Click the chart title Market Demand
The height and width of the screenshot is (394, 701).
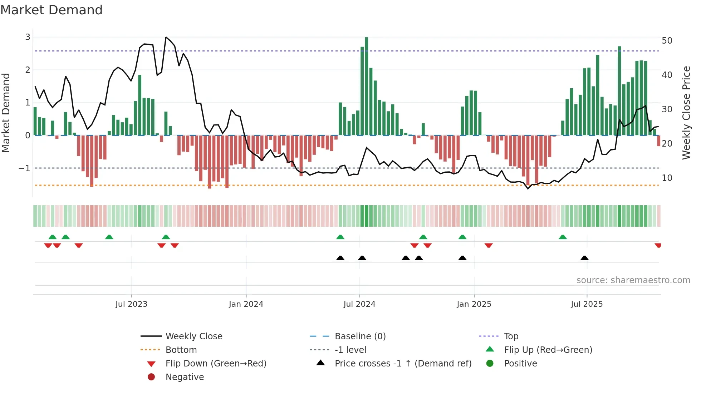pyautogui.click(x=52, y=10)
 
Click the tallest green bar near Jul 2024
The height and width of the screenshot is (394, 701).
pyautogui.click(x=366, y=86)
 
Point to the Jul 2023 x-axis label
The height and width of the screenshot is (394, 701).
pyautogui.click(x=131, y=304)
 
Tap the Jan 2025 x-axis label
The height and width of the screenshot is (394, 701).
pyautogui.click(x=474, y=304)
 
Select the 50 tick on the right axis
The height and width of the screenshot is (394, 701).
pyautogui.click(x=667, y=40)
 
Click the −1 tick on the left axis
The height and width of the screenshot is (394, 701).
pyautogui.click(x=24, y=168)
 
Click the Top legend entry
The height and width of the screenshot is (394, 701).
pyautogui.click(x=511, y=336)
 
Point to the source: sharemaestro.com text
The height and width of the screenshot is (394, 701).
pyautogui.click(x=633, y=280)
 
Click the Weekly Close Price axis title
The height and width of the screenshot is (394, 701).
pyautogui.click(x=686, y=113)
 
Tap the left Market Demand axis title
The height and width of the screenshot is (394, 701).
pyautogui.click(x=6, y=113)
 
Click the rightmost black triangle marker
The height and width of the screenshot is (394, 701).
pyautogui.click(x=584, y=258)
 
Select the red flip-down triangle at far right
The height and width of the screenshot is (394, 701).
pyautogui.click(x=658, y=245)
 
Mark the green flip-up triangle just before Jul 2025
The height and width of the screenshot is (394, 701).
pyautogui.click(x=563, y=237)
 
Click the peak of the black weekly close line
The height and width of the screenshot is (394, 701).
pyautogui.click(x=166, y=37)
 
